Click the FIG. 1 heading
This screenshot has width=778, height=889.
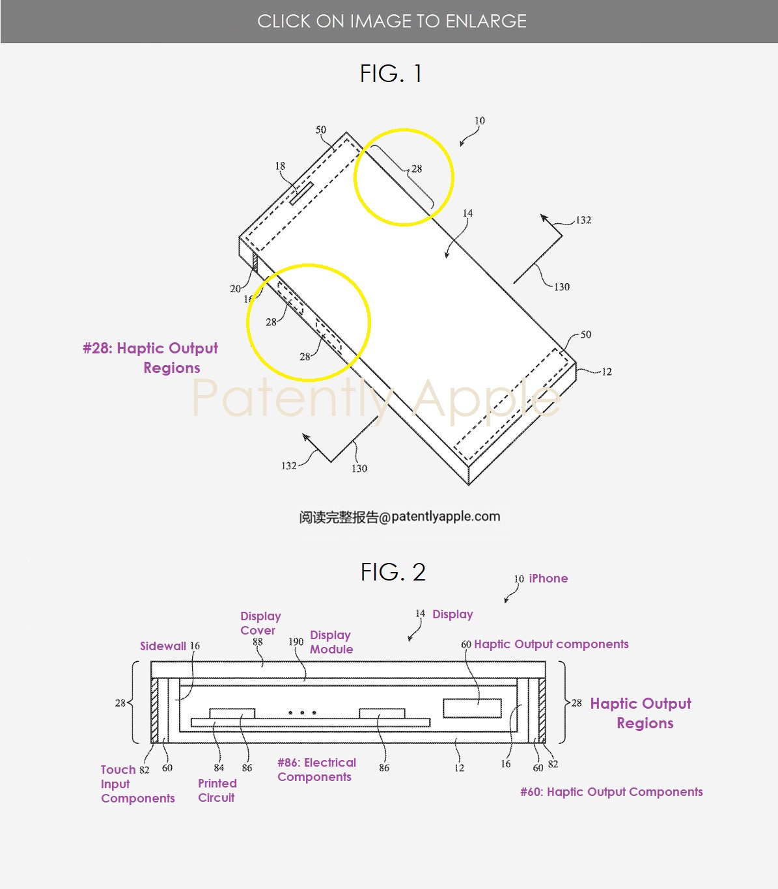click(x=391, y=74)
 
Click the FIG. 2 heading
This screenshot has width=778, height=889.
click(x=393, y=572)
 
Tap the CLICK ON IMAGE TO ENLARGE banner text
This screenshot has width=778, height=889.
click(x=391, y=21)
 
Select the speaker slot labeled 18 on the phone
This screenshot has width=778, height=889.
click(x=301, y=193)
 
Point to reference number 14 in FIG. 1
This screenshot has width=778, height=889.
click(x=467, y=213)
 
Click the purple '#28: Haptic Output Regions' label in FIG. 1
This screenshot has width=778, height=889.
click(x=151, y=357)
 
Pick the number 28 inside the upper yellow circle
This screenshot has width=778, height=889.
click(x=417, y=169)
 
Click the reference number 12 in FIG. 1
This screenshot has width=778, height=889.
click(x=606, y=372)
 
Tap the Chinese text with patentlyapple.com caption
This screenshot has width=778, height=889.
click(x=400, y=517)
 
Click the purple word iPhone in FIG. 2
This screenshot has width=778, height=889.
click(x=548, y=579)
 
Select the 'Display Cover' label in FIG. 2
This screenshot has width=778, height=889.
click(x=260, y=623)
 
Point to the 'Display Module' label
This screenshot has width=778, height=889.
click(x=331, y=642)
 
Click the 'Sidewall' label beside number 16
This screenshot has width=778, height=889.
click(x=163, y=646)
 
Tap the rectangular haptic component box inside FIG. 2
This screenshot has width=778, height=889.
click(x=472, y=708)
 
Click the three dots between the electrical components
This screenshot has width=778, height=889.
click(x=302, y=713)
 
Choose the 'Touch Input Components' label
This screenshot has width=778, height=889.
click(x=137, y=784)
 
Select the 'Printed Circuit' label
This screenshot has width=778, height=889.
click(x=217, y=790)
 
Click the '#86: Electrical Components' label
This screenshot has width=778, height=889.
click(x=316, y=769)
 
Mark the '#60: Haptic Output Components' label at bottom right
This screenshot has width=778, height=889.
click(x=611, y=791)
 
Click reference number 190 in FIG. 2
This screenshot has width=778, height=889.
click(x=296, y=642)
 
